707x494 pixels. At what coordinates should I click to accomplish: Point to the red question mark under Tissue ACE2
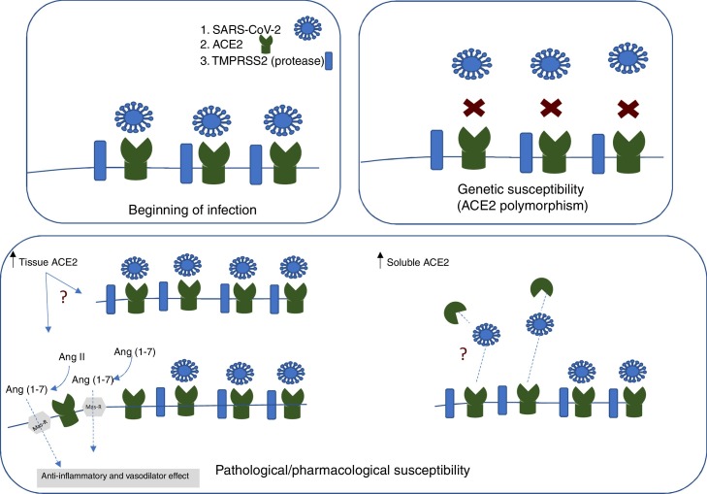65,301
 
